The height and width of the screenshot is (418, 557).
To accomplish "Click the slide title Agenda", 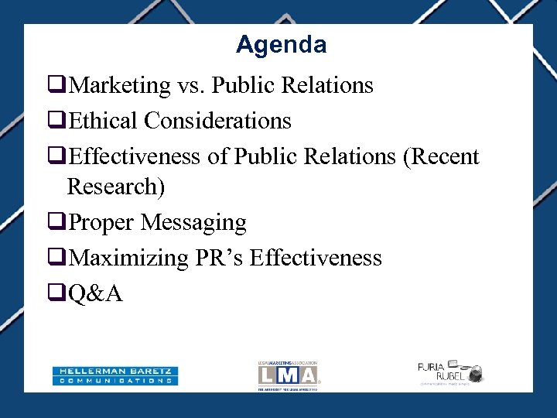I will pyautogui.click(x=281, y=45).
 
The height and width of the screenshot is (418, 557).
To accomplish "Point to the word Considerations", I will pyautogui.click(x=217, y=121).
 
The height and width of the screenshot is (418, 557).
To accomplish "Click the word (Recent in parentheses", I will pyautogui.click(x=441, y=157).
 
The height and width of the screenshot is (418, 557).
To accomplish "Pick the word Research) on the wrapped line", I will pyautogui.click(x=117, y=187).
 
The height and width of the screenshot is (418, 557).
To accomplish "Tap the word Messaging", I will pyautogui.click(x=196, y=223).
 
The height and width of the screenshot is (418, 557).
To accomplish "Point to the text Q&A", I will pyautogui.click(x=95, y=293).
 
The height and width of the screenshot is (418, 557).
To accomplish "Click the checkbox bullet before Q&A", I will pyautogui.click(x=56, y=294).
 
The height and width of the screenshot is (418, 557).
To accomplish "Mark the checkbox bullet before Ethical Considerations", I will pyautogui.click(x=56, y=122).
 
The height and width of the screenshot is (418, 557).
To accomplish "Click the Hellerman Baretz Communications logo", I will pyautogui.click(x=115, y=375).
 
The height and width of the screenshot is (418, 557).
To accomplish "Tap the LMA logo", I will pyautogui.click(x=288, y=375).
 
